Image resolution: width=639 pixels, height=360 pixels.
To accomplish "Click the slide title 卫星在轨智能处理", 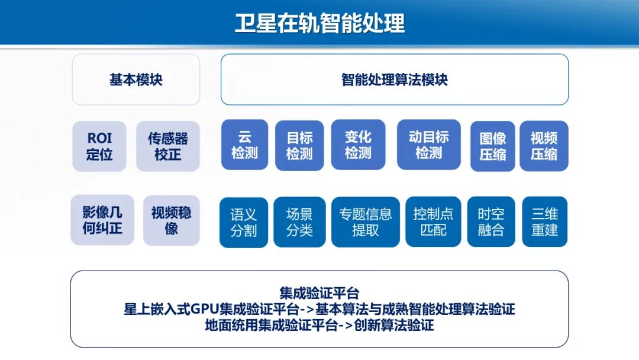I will pyautogui.click(x=319, y=24).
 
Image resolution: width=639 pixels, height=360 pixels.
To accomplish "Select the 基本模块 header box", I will pyautogui.click(x=136, y=79).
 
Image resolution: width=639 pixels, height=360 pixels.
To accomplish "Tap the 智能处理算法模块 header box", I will pyautogui.click(x=395, y=79).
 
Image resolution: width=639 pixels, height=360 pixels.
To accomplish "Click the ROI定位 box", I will pyautogui.click(x=99, y=146).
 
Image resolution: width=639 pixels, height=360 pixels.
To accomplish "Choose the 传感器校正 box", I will pyautogui.click(x=168, y=146).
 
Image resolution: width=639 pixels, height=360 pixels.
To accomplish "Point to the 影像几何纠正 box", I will pyautogui.click(x=102, y=220).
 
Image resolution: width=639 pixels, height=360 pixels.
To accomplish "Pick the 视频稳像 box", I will pyautogui.click(x=172, y=220).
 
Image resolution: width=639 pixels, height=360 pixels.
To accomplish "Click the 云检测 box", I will pyautogui.click(x=244, y=145).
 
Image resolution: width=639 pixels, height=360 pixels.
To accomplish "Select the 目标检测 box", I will pyautogui.click(x=299, y=146).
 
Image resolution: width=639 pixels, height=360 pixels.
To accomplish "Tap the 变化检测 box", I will pyautogui.click(x=358, y=145).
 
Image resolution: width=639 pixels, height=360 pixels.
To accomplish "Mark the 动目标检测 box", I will pyautogui.click(x=429, y=145).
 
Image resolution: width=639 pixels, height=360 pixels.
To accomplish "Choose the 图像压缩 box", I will pyautogui.click(x=493, y=146).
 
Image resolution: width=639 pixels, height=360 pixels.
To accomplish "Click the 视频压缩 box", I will pyautogui.click(x=544, y=146).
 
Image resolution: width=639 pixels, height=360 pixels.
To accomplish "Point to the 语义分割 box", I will pyautogui.click(x=244, y=222).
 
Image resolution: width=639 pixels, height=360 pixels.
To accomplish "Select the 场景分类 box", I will pyautogui.click(x=299, y=222).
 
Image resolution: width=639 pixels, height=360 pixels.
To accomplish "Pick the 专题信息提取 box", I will pyautogui.click(x=366, y=222).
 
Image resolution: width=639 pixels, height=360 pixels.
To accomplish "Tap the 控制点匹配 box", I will pyautogui.click(x=433, y=222).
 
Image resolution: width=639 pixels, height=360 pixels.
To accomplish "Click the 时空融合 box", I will pyautogui.click(x=491, y=222).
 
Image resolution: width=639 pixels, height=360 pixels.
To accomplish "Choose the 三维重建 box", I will pyautogui.click(x=544, y=222).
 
